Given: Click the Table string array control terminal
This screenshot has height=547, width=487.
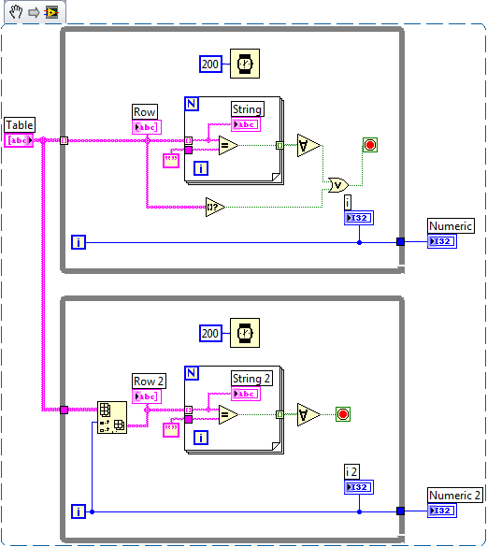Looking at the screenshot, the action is pyautogui.click(x=19, y=140).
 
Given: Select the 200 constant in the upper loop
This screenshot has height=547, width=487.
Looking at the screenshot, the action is pyautogui.click(x=210, y=65).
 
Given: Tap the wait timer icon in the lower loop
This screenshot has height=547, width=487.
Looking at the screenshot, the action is pyautogui.click(x=245, y=333).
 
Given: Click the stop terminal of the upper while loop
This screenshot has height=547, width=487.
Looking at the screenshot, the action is pyautogui.click(x=370, y=145).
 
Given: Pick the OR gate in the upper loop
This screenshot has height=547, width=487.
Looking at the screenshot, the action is pyautogui.click(x=338, y=185).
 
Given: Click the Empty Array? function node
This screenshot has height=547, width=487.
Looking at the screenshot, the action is pyautogui.click(x=215, y=207).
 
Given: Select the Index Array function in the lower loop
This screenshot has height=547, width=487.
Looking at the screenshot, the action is pyautogui.click(x=112, y=417).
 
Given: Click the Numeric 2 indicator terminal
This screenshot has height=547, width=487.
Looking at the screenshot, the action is pyautogui.click(x=442, y=511).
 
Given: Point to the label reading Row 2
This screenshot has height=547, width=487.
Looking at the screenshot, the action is pyautogui.click(x=149, y=381).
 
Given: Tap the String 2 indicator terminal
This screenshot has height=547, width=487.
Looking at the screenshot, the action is pyautogui.click(x=246, y=394).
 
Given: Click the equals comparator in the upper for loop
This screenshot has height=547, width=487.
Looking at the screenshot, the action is pyautogui.click(x=228, y=145).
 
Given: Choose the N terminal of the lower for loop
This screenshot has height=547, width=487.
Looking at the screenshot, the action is pyautogui.click(x=192, y=373).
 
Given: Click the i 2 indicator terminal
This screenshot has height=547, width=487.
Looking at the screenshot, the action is pyautogui.click(x=359, y=487).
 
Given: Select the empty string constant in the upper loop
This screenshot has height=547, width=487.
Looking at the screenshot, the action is pyautogui.click(x=171, y=161).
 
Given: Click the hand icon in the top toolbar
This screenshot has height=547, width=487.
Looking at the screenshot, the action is pyautogui.click(x=16, y=12).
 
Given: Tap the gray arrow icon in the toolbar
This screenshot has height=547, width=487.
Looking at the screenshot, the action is pyautogui.click(x=34, y=13).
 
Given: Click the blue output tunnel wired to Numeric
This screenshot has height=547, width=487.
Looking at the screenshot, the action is pyautogui.click(x=400, y=241).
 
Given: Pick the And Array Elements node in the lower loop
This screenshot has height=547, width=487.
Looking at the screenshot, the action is pyautogui.click(x=308, y=414).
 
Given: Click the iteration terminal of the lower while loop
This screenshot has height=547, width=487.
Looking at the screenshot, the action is pyautogui.click(x=79, y=511).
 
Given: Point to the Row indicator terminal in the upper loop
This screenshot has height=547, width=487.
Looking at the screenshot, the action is pyautogui.click(x=147, y=127).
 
